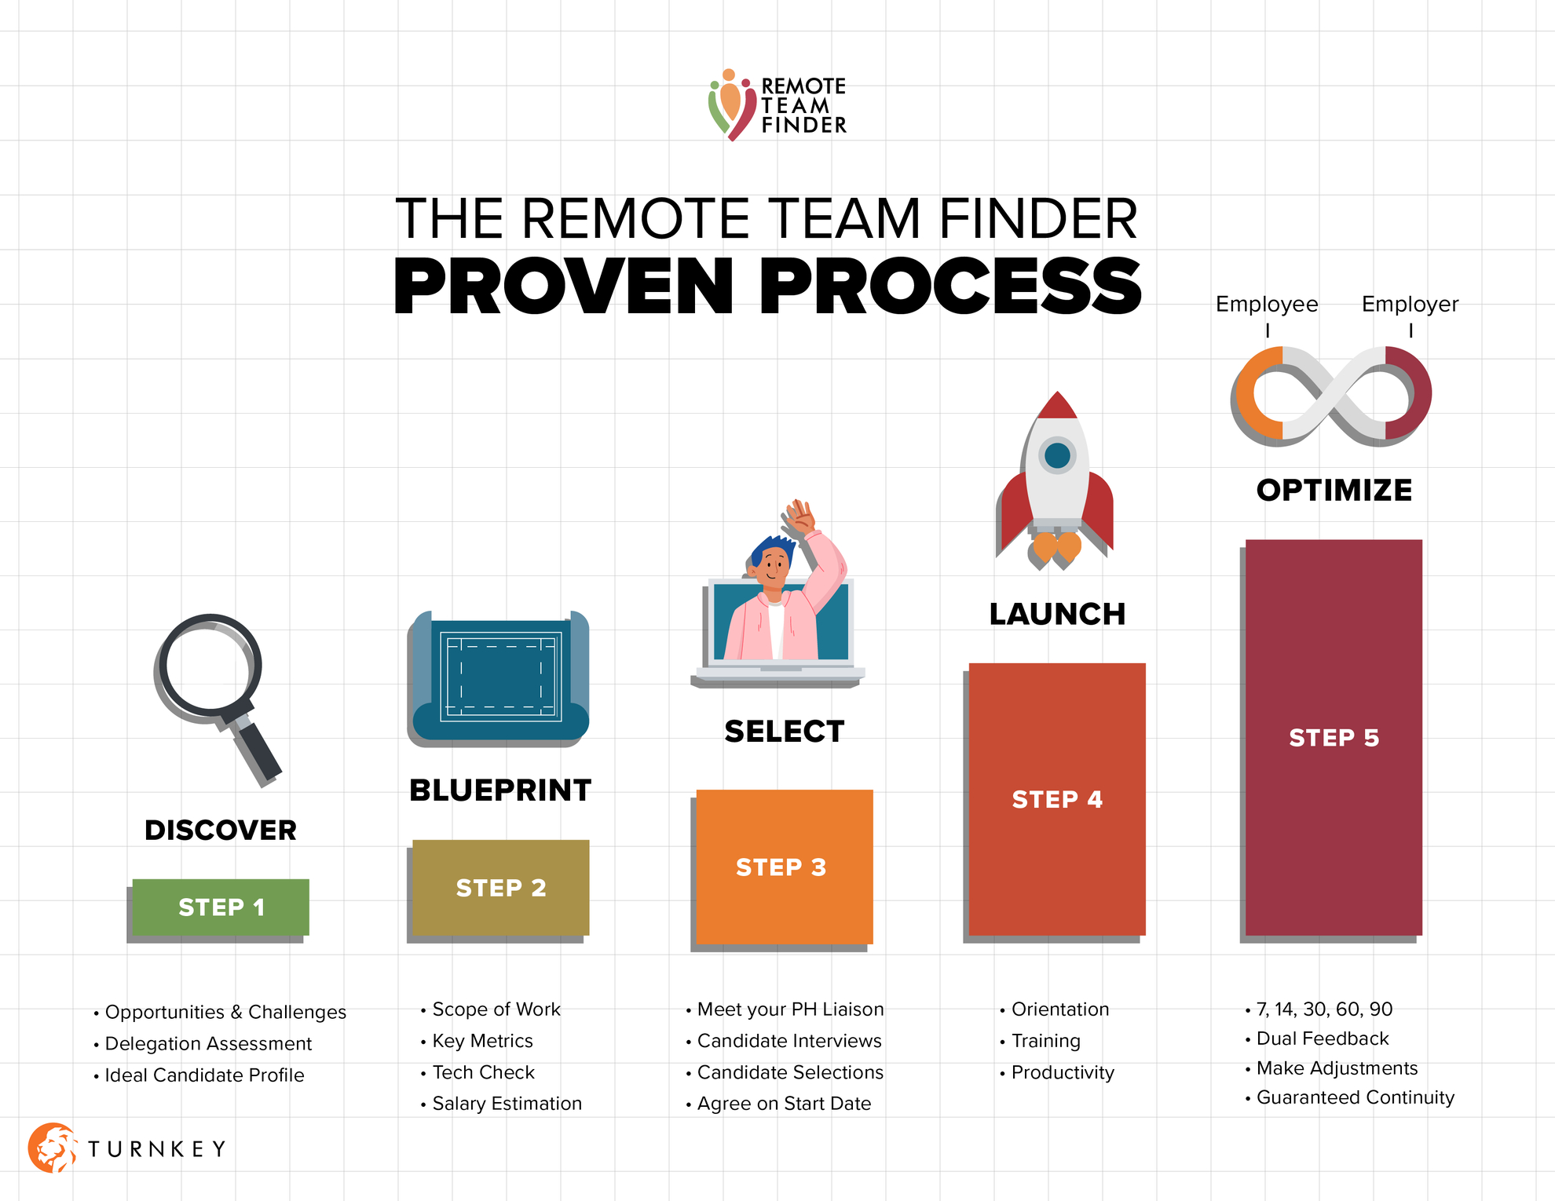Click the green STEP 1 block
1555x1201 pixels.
pos(221,907)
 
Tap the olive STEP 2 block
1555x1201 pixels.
pos(501,888)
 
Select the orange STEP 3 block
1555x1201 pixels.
pos(785,867)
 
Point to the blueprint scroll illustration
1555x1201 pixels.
pos(499,678)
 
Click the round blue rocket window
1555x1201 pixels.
pos(1057,455)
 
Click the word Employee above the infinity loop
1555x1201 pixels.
pos(1267,304)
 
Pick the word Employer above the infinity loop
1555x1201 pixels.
pos(1410,304)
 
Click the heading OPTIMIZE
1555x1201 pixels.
pos(1334,490)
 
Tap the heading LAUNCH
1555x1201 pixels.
pos(1057,614)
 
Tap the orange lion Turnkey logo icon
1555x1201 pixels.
pos(52,1148)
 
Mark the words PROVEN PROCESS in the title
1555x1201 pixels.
pos(767,287)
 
